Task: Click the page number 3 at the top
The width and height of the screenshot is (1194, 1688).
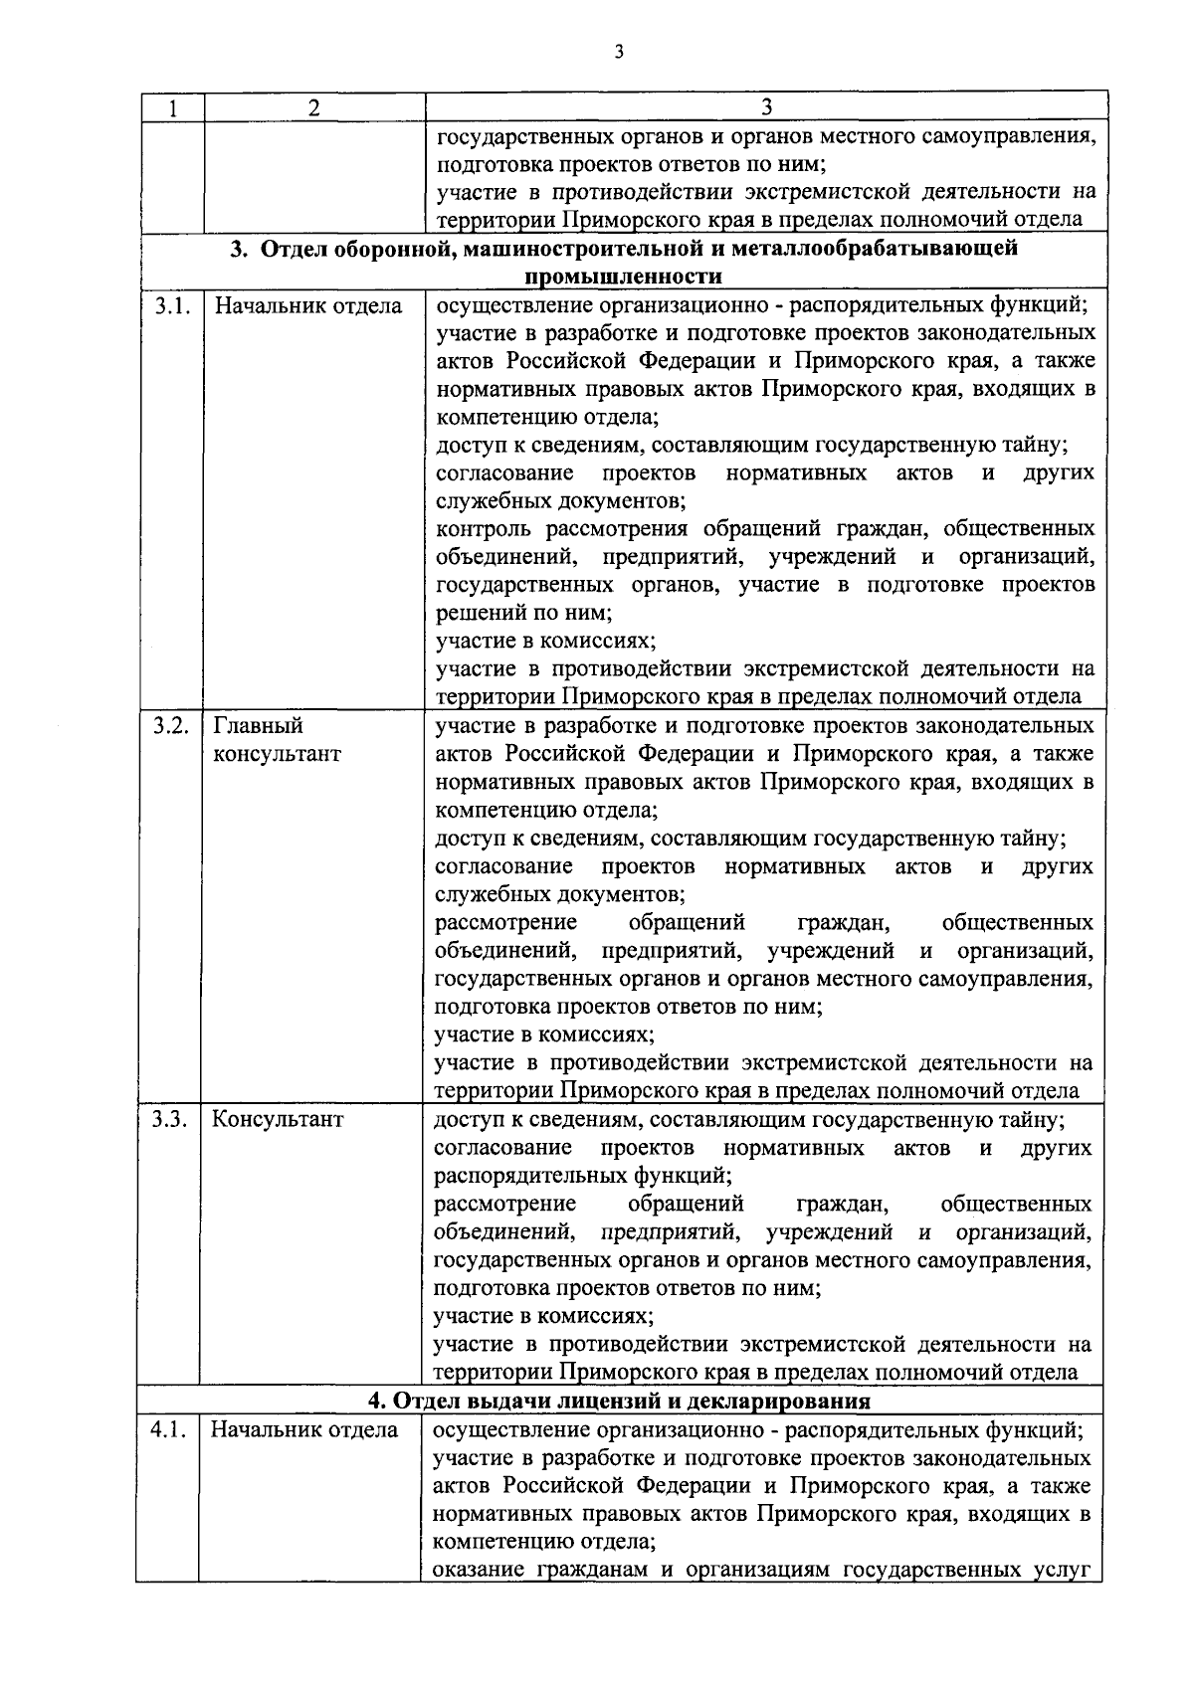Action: (x=618, y=52)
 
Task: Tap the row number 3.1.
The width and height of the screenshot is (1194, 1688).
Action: (x=171, y=305)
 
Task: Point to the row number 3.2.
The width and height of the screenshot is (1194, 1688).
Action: (x=171, y=726)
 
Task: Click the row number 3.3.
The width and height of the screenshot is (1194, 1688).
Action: (x=170, y=1119)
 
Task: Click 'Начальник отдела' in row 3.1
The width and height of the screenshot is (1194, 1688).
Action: (x=308, y=305)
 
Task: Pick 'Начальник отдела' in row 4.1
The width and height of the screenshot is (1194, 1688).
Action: (x=304, y=1430)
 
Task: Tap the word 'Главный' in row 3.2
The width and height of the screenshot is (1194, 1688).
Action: (x=258, y=726)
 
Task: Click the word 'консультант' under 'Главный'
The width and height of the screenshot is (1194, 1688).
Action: (x=277, y=754)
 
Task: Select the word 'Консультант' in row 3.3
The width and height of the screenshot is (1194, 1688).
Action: (x=278, y=1119)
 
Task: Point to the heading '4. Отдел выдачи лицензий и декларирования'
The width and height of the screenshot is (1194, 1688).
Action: (x=619, y=1402)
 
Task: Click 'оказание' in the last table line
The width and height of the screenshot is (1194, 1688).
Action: (x=480, y=1571)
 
